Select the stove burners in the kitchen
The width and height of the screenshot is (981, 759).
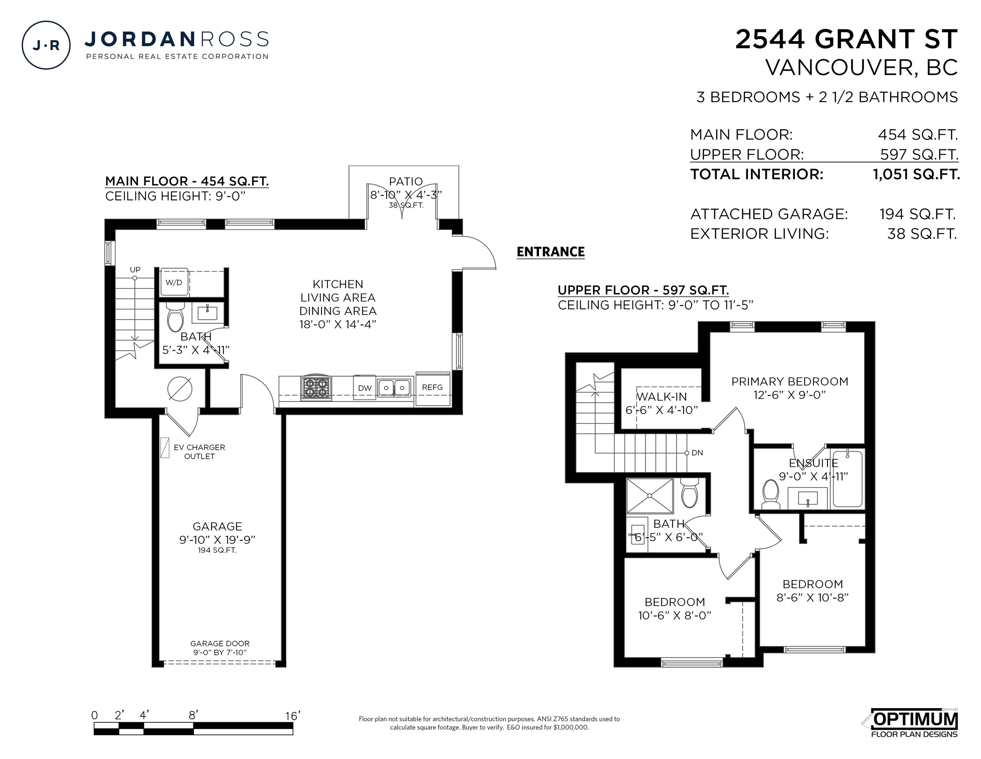316,388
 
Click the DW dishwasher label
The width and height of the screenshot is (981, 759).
365,388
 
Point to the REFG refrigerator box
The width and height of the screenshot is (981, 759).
432,389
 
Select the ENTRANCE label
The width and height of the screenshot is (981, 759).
551,252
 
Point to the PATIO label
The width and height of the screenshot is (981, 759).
406,182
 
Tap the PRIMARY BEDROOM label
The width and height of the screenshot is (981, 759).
790,381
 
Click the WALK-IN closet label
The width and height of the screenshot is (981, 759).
662,397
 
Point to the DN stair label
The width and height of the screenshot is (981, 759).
697,453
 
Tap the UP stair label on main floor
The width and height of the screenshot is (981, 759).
135,270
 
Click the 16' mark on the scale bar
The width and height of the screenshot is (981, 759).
293,716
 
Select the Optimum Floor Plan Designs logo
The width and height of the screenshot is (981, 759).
912,723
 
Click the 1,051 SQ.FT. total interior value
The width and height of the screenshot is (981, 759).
916,175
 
